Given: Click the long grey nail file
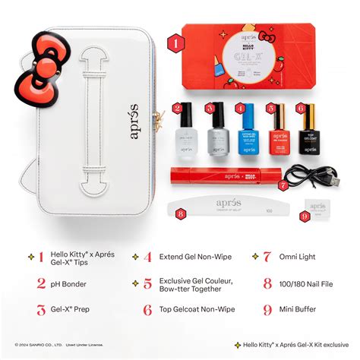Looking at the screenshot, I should tap(228, 209).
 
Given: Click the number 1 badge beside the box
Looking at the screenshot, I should tap(175, 43).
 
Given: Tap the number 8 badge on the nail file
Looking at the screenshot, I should tap(180, 214).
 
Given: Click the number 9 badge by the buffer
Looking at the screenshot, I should tap(305, 216).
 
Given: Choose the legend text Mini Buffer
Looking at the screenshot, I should tap(303, 309).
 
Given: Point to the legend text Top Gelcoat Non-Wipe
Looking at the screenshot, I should tap(197, 309).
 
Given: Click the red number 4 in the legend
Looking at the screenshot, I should tap(147, 257).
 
